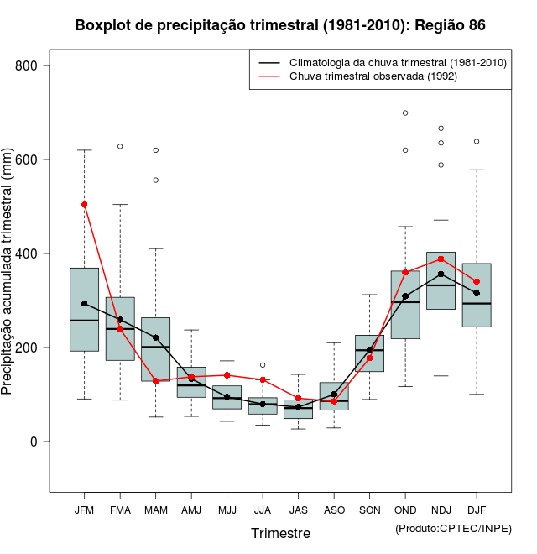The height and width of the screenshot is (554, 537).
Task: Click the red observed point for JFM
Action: coord(84,205)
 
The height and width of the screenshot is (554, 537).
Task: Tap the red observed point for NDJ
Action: coord(441,259)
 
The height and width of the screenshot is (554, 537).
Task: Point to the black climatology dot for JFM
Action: coord(84,304)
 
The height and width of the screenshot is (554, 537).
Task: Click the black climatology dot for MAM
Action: coord(156,337)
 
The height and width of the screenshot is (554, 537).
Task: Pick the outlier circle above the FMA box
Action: coord(120,146)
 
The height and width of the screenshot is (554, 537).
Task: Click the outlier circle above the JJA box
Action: coord(263,365)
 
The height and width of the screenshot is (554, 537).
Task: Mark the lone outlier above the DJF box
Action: coord(477,141)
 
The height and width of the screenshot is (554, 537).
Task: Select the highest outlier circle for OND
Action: coord(405,112)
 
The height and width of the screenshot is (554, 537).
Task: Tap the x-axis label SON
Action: coord(370,510)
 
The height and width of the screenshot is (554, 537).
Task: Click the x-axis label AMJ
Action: coord(191,510)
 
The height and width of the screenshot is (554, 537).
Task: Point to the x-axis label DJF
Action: coord(477,510)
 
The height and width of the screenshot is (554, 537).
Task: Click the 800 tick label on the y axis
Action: coord(35,65)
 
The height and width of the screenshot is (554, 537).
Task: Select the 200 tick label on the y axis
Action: coord(35,348)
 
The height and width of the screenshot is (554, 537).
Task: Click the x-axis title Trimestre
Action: coord(280,533)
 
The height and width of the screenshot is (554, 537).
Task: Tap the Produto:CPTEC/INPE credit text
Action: coord(453,528)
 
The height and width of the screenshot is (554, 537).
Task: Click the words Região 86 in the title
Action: coord(450,25)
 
